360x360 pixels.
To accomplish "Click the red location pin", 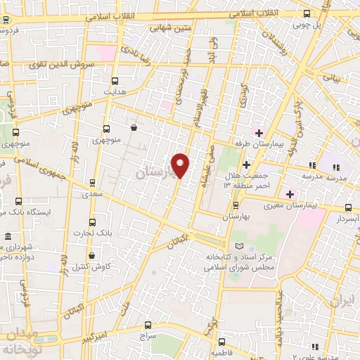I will click(181, 165).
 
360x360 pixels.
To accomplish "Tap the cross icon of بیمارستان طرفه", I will click(259, 132).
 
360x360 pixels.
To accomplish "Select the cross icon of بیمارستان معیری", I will click(290, 193).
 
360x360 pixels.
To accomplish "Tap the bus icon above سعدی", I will click(91, 181).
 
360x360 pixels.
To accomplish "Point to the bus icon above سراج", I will click(148, 325).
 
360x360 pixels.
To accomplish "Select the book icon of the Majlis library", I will click(241, 245).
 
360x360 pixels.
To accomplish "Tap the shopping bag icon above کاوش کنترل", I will click(91, 251).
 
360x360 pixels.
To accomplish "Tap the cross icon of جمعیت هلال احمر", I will click(246, 165).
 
